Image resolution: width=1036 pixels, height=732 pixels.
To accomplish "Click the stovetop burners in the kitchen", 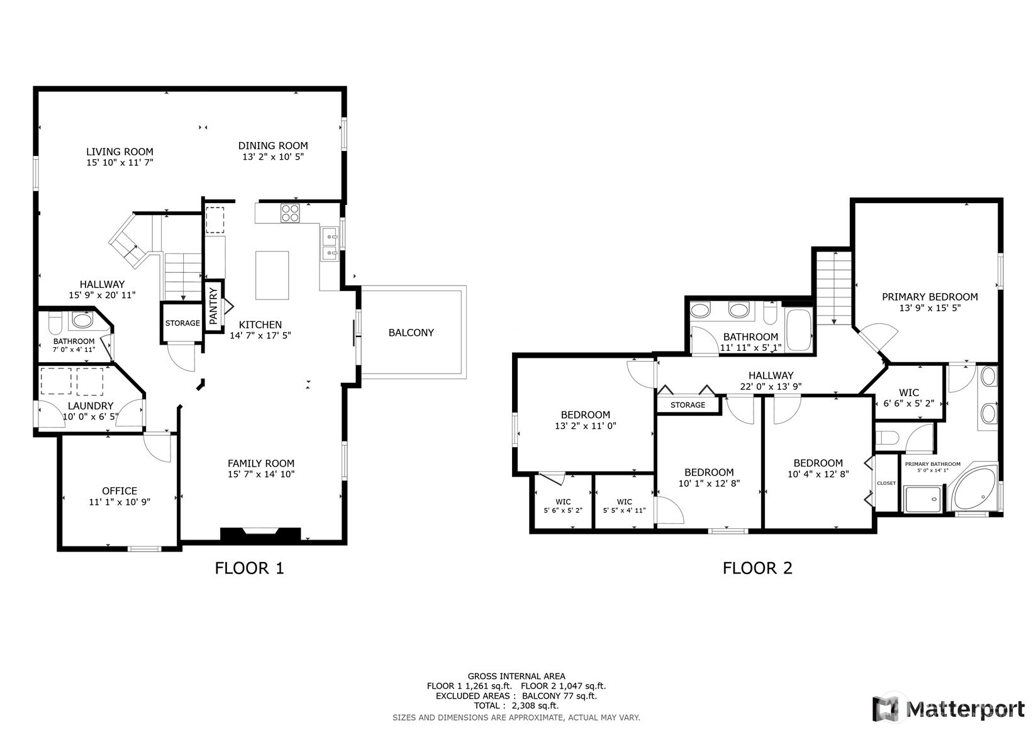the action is coord(290,213).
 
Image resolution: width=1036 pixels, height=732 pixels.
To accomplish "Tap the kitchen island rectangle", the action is coord(272,275).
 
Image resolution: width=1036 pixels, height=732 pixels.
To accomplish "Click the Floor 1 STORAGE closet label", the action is coord(182,323).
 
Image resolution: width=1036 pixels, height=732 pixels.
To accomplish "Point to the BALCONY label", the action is coord(411,333).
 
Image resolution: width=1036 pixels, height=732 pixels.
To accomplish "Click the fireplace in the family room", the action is coord(260,534).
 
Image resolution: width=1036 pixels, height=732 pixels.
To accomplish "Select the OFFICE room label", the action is coord(120,491).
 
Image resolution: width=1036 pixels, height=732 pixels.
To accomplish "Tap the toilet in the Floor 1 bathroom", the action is coord(55,323).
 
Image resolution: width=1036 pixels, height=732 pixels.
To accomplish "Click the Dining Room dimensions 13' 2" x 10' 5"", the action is coord(273,157).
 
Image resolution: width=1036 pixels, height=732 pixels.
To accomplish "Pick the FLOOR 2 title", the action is coord(757,568).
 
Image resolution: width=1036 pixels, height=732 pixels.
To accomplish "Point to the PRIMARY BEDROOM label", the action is coord(930,297).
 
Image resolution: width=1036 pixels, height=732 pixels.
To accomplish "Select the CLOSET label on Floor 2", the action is coord(886,483).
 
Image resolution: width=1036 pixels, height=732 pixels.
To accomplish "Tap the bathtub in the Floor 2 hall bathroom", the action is coord(799,330).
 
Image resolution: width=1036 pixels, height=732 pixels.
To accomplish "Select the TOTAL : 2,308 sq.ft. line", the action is coord(516,706).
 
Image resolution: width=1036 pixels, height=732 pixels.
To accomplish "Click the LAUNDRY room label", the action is coord(91,406).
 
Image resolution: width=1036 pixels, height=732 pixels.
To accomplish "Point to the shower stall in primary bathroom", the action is coord(923,499).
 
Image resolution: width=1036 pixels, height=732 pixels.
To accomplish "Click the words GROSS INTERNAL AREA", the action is coord(516,676).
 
